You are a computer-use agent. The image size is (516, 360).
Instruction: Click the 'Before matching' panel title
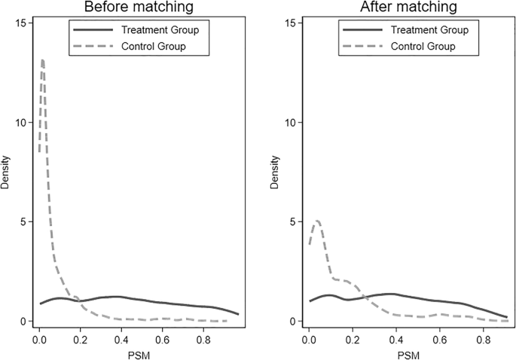pyautogui.click(x=139, y=8)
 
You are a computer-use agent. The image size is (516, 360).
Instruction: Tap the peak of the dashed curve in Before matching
pyautogui.click(x=43, y=60)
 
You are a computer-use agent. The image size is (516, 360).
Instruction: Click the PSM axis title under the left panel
pyautogui.click(x=139, y=352)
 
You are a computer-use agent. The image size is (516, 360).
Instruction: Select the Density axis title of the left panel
pyautogui.click(x=7, y=172)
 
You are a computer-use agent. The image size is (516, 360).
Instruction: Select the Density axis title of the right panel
pyautogui.click(x=275, y=172)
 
